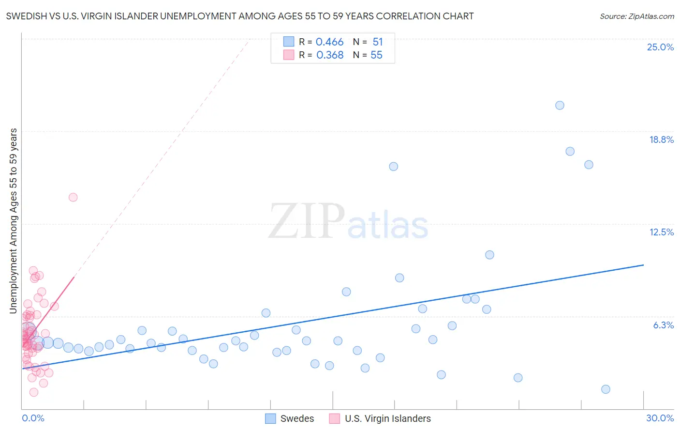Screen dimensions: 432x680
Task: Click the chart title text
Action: pos(240,16)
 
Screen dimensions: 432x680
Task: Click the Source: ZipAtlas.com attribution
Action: pos(636,16)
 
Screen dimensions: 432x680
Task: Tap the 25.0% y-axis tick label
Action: pos(660,47)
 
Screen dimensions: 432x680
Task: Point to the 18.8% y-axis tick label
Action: pos(661,139)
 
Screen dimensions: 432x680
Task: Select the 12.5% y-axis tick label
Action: pos(661,232)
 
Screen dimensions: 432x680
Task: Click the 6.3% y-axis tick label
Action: pos(663,325)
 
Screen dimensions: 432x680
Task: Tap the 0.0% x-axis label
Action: pos(33,418)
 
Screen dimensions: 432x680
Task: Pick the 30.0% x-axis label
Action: pos(660,418)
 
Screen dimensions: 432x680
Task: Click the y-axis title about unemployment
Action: pos(14,221)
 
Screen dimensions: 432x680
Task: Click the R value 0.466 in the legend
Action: pos(329,42)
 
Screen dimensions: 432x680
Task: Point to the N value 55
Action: pos(376,55)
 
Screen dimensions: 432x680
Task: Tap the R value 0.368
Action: pos(330,55)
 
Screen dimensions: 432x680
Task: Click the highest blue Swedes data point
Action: pos(560,105)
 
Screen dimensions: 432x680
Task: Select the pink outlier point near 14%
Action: pos(73,197)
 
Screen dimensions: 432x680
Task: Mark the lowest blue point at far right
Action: pos(606,389)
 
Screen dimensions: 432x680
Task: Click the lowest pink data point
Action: pos(34,392)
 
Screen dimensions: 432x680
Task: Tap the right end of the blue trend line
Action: pos(643,265)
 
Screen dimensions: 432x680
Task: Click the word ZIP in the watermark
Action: pos(306,222)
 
